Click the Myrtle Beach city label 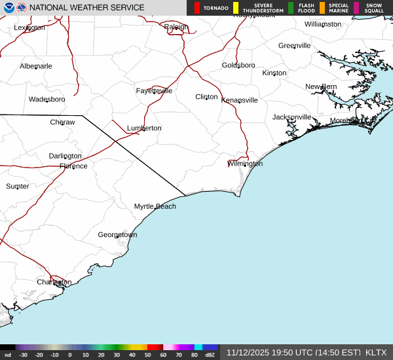155,206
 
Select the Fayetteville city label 154,91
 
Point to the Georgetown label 117,234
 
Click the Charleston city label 54,282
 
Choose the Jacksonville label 291,117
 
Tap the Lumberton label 143,128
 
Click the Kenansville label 239,100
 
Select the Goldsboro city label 238,65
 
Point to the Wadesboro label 47,99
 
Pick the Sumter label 18,187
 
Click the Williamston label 322,24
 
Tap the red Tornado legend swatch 197,8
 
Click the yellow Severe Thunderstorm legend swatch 235,8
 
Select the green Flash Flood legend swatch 291,8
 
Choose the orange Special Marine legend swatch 322,8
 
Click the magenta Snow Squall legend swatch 356,8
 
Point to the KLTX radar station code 376,352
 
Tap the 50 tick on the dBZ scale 148,355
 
